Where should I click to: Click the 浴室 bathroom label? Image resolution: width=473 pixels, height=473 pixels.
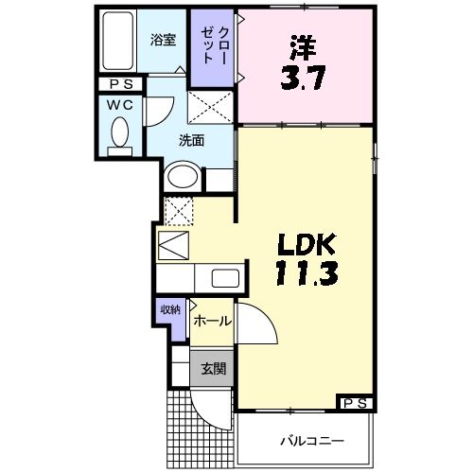click(x=164, y=40)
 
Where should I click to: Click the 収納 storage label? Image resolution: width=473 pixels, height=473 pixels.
click(x=170, y=309)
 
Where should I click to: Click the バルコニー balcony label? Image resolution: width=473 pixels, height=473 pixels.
click(x=309, y=441)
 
